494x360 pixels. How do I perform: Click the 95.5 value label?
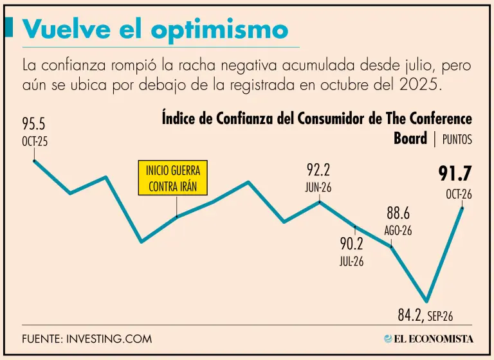tap(33, 124)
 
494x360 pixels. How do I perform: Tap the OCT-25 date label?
tap(35, 141)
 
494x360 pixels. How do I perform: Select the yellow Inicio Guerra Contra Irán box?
tap(172, 178)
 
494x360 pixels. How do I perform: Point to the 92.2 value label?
tap(318, 170)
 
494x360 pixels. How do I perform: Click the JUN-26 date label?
tap(318, 188)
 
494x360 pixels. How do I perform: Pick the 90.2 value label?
tap(352, 244)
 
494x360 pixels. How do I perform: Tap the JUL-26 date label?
tap(352, 262)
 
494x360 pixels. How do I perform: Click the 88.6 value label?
tap(398, 213)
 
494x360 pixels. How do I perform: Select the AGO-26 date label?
tap(398, 231)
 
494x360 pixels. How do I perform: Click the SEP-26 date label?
tap(439, 316)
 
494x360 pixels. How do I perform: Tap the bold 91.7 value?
tap(455, 174)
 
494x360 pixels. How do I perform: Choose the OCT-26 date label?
tap(459, 195)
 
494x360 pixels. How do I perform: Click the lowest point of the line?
tap(426, 301)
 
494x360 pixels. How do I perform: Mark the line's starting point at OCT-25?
tap(34, 161)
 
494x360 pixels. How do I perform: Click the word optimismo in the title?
tap(219, 31)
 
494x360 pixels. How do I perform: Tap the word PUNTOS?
tap(457, 139)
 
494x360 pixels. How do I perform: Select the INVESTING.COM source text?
tap(109, 339)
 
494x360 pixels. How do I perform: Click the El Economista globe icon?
tap(389, 339)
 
